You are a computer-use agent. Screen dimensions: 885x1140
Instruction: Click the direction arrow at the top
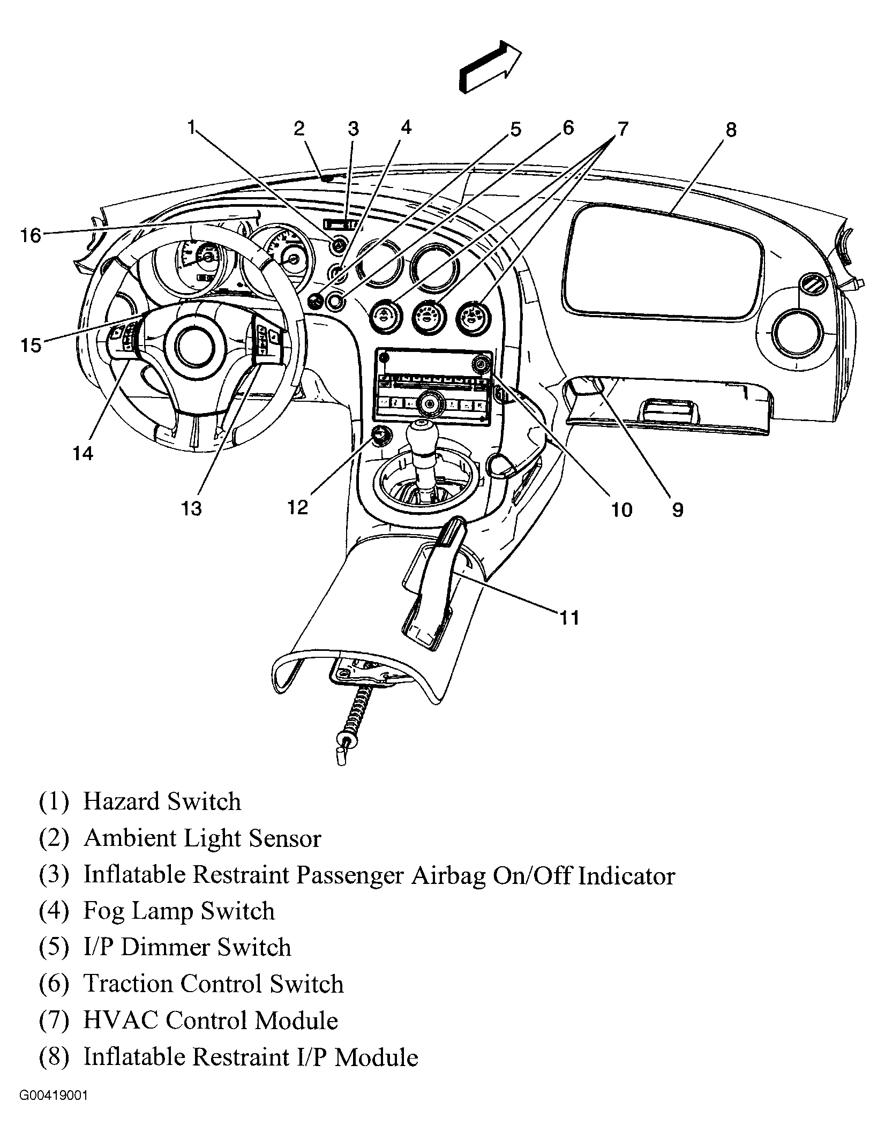(x=490, y=66)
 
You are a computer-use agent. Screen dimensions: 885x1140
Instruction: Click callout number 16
(x=31, y=235)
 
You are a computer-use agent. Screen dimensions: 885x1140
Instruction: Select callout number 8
(x=731, y=130)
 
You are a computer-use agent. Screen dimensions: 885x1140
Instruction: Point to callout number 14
(x=83, y=454)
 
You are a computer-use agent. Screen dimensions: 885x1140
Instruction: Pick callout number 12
(x=298, y=507)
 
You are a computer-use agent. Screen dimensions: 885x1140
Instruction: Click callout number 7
(x=621, y=129)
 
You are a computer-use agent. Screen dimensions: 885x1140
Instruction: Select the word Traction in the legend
(x=132, y=984)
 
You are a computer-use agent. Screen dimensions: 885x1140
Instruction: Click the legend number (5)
(x=54, y=948)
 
